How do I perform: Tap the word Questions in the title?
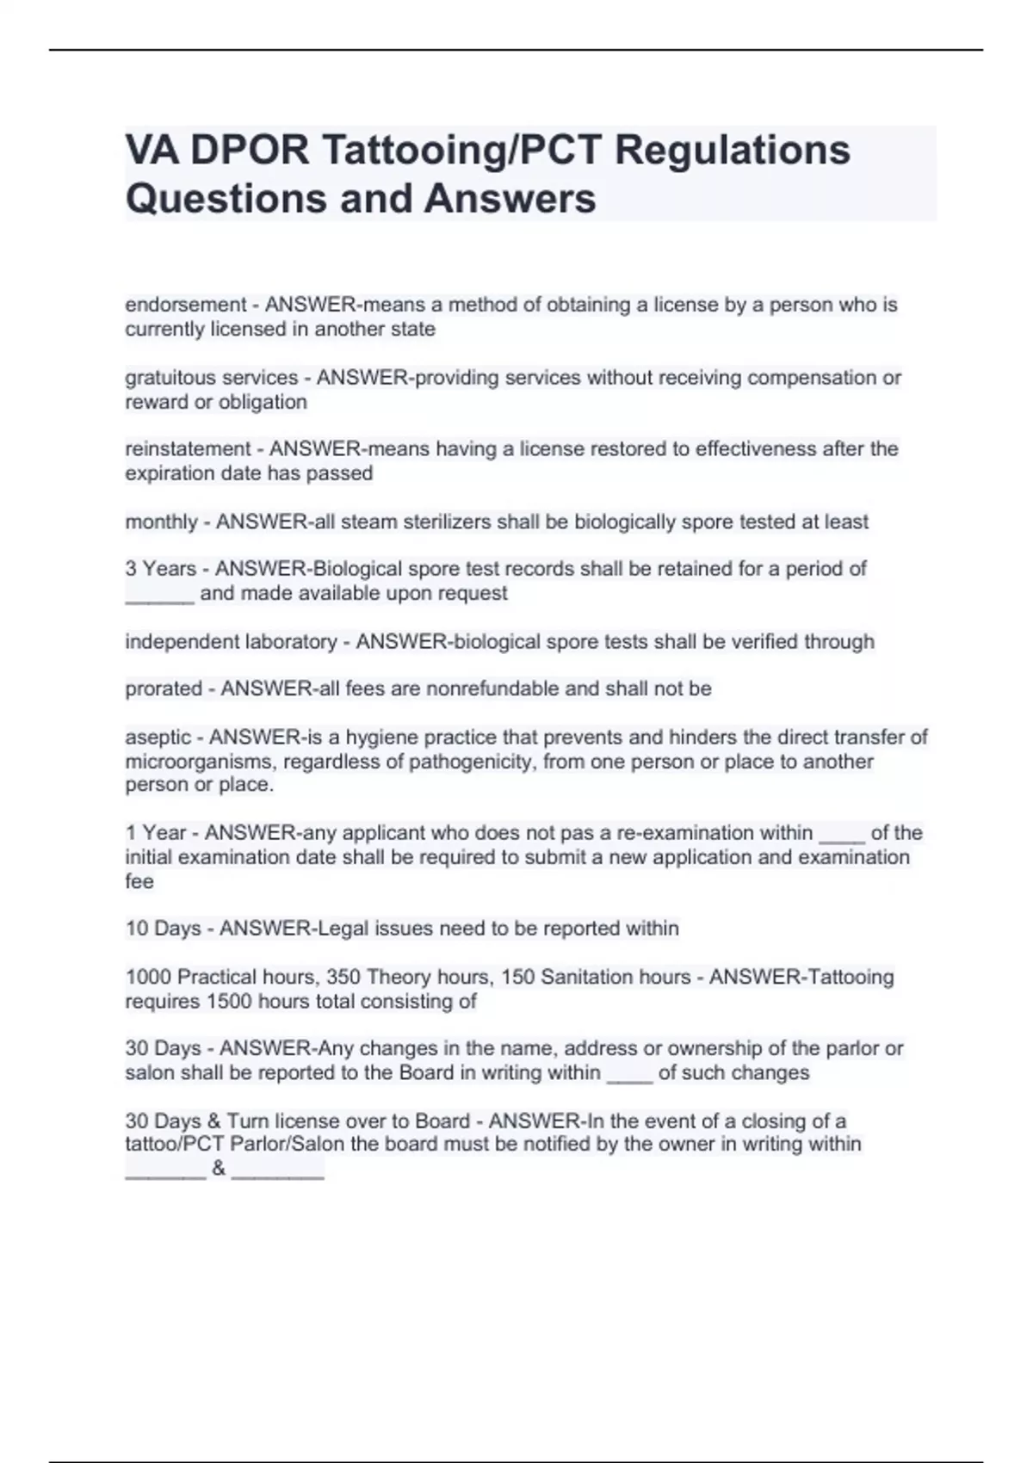pyautogui.click(x=226, y=198)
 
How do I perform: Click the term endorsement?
pyautogui.click(x=186, y=305)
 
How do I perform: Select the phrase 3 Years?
pyautogui.click(x=161, y=569)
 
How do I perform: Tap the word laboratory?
pyautogui.click(x=291, y=641)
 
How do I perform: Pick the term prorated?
pyautogui.click(x=164, y=688)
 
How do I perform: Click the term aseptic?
pyautogui.click(x=158, y=737)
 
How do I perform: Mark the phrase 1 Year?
pyautogui.click(x=156, y=833)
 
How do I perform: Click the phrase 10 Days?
pyautogui.click(x=163, y=929)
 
